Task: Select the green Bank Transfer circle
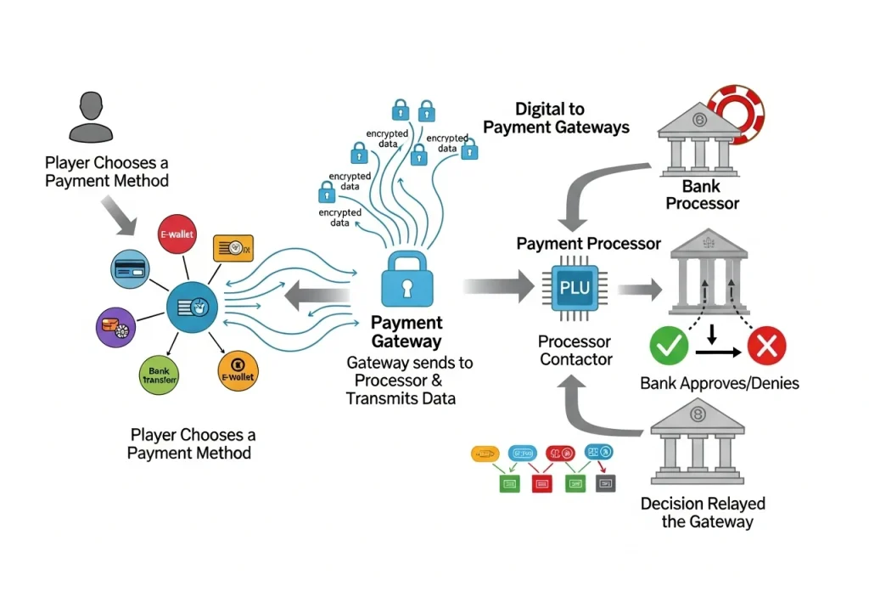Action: [159, 375]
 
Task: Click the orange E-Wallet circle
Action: [238, 372]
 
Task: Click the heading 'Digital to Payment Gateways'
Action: [556, 118]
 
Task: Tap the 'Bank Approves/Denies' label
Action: [719, 383]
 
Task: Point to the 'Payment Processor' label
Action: [588, 244]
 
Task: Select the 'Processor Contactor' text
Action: [575, 350]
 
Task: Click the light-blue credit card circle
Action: [131, 268]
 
